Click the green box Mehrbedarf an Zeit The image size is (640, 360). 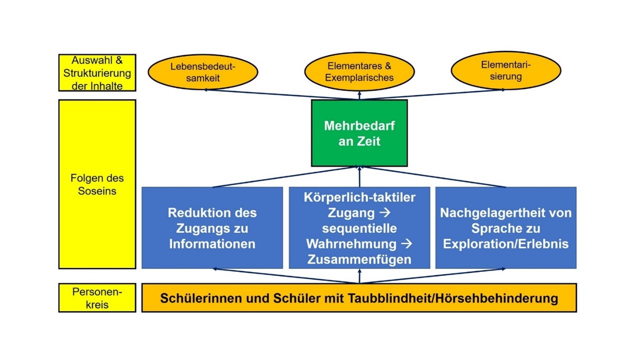pyautogui.click(x=359, y=133)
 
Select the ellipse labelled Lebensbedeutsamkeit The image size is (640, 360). pyautogui.click(x=202, y=72)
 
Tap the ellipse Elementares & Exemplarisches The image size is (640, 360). pyautogui.click(x=359, y=72)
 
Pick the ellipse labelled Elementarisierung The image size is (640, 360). pyautogui.click(x=505, y=70)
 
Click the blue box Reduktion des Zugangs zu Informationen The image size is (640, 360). pyautogui.click(x=212, y=228)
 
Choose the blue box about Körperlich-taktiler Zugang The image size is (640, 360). pyautogui.click(x=359, y=228)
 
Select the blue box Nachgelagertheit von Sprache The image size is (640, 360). pyautogui.click(x=505, y=228)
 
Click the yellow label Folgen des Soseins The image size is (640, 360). pyautogui.click(x=97, y=184)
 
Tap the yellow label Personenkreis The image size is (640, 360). pyautogui.click(x=97, y=297)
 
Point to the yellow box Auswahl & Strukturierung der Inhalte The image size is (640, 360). pyautogui.click(x=97, y=73)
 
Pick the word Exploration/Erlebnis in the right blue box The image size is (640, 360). pyautogui.click(x=505, y=244)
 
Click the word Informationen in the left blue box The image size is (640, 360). pyautogui.click(x=212, y=244)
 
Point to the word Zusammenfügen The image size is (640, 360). pyautogui.click(x=359, y=259)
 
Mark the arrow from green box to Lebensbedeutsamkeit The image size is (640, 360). pyautogui.click(x=280, y=94)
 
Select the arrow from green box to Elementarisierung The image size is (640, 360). pyautogui.click(x=435, y=94)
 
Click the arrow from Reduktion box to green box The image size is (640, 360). pyautogui.click(x=285, y=177)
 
